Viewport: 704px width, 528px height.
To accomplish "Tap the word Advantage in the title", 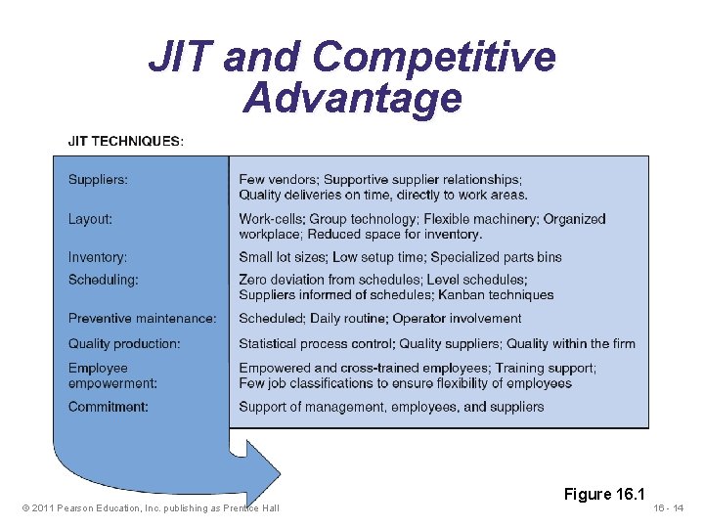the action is pos(352,98).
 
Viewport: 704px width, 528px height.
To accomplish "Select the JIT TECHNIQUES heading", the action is pos(124,141).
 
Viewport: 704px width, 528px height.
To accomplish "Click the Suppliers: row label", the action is pos(98,180).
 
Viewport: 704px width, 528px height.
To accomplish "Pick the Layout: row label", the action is pos(90,219).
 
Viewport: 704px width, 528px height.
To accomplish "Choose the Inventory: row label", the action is pos(97,257).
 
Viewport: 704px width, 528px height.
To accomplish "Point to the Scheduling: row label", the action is pos(103,280).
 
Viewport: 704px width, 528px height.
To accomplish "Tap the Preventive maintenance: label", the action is pos(142,319).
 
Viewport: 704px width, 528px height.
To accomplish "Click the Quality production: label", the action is pos(124,343).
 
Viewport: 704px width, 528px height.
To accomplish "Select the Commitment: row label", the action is pos(108,407).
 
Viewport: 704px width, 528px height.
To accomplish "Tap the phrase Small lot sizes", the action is pos(282,257).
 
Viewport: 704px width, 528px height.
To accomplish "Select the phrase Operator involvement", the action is pos(457,319).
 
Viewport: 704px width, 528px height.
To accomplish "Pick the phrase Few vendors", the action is pos(277,180).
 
